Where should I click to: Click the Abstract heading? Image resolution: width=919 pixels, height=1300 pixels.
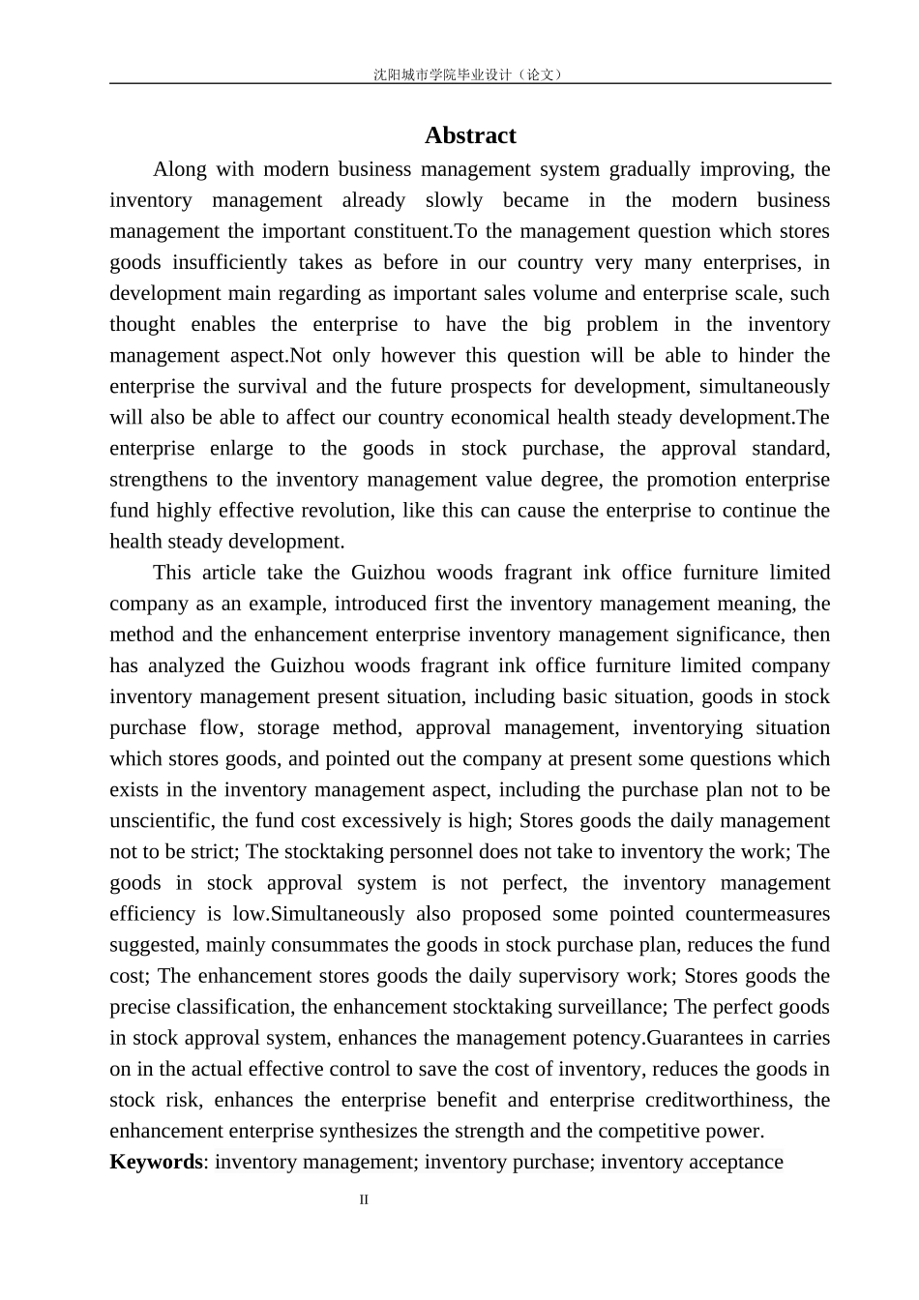click(x=470, y=135)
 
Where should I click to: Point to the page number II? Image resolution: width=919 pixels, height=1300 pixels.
click(x=365, y=1200)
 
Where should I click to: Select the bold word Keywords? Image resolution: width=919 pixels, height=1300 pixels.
click(x=156, y=1162)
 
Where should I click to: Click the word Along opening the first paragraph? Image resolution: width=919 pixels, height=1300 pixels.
click(x=180, y=169)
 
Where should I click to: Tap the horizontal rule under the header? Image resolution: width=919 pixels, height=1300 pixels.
click(x=470, y=83)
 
